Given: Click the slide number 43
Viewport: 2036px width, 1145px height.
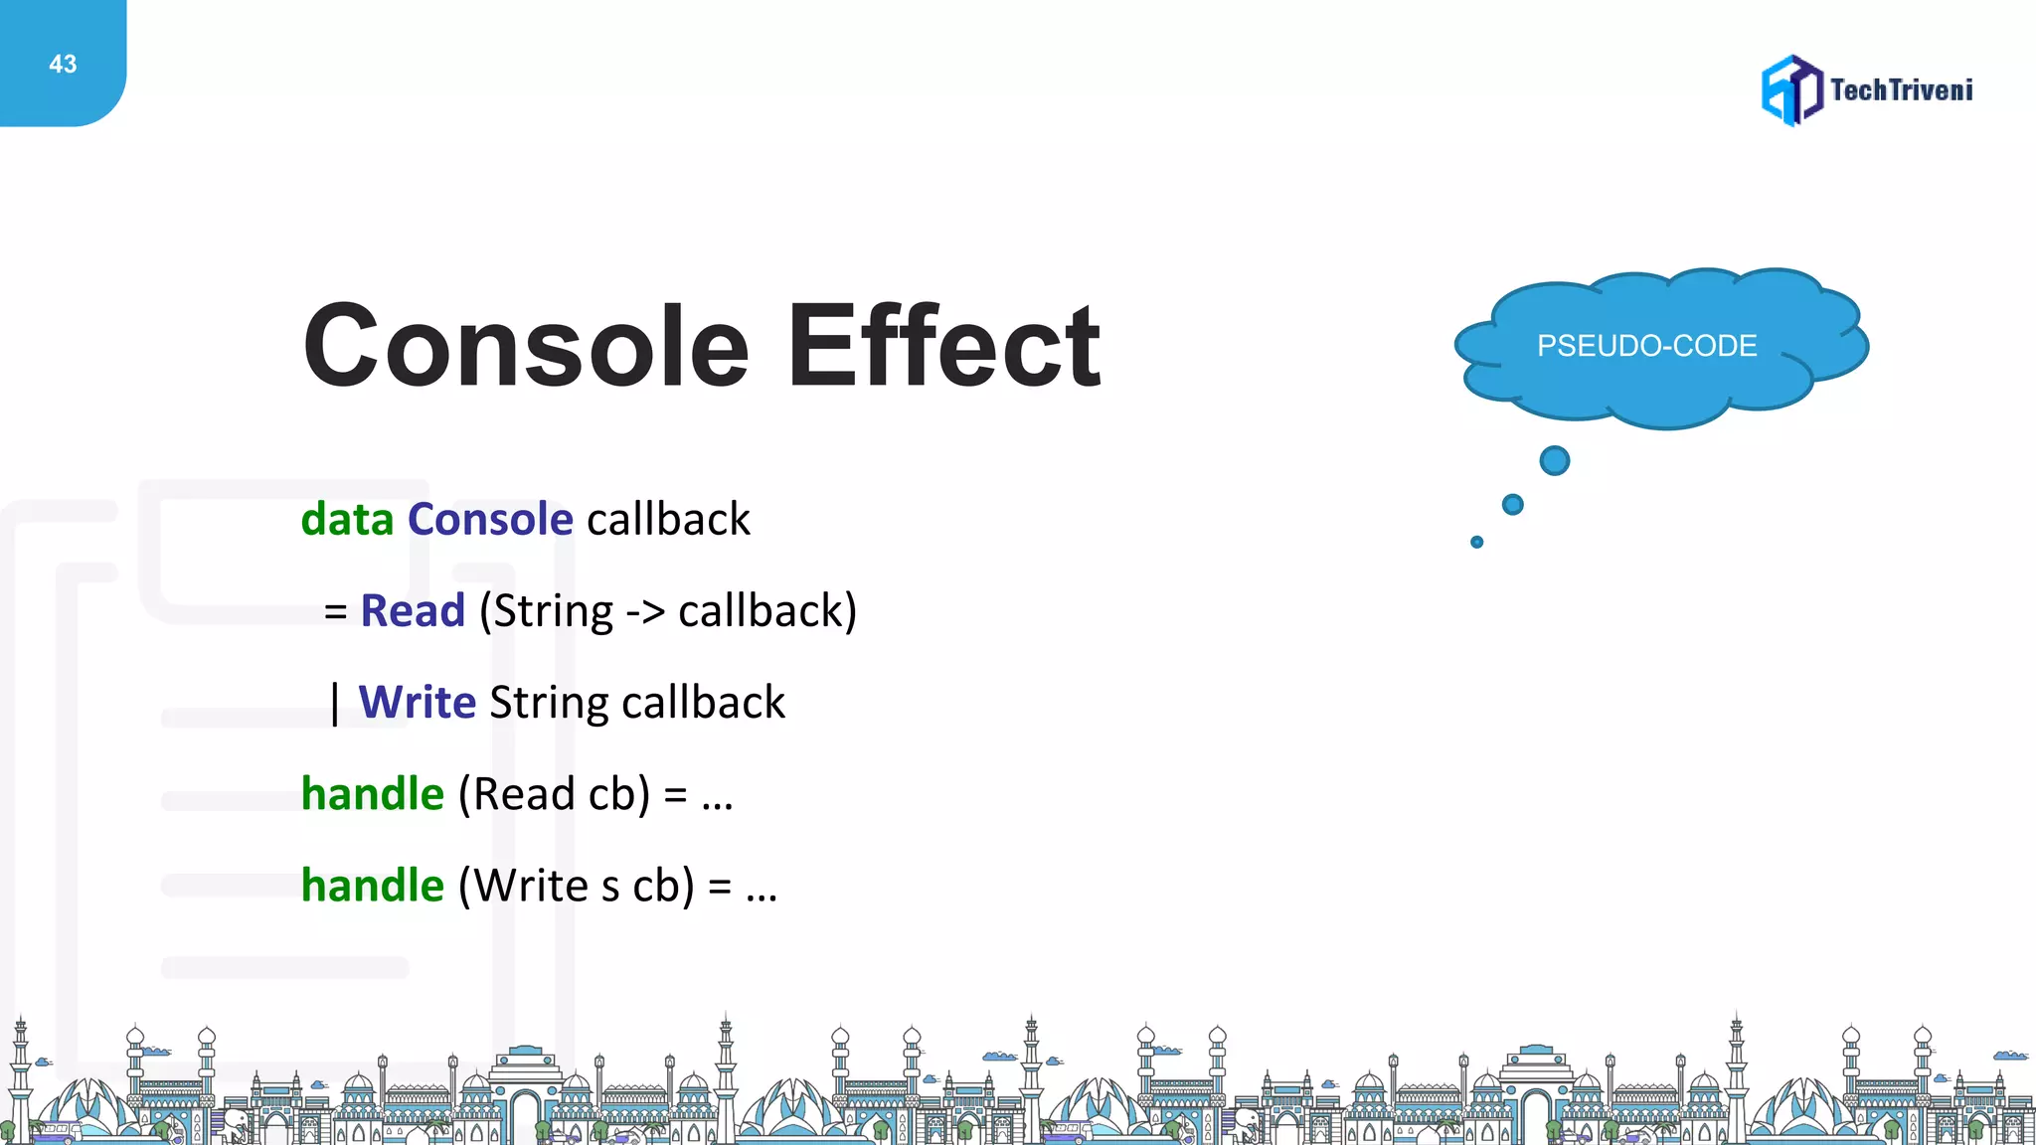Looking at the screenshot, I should coord(63,65).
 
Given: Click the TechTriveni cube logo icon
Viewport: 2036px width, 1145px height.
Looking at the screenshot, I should coord(1791,90).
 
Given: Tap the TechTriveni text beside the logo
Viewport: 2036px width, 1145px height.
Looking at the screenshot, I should coord(1901,90).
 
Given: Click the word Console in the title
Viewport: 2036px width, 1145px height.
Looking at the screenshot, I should coord(526,346).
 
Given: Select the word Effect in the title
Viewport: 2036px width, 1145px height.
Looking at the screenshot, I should coord(943,346).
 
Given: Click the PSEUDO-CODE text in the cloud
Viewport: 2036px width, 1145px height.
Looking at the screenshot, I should coord(1646,346).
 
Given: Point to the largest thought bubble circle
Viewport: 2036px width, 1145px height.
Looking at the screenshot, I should coord(1554,461).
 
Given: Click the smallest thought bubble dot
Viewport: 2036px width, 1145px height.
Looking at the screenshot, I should coord(1476,542).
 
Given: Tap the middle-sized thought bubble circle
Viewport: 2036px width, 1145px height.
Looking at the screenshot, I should coord(1512,505).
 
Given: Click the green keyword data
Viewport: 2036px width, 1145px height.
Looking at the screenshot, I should coord(347,520).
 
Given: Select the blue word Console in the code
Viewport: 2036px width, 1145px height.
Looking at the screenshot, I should coord(490,520).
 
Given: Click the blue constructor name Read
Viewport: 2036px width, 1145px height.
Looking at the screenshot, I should coord(413,611).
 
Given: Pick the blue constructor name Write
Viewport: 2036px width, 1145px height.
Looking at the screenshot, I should coord(418,703).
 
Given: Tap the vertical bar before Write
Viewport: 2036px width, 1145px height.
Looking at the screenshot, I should coord(335,704).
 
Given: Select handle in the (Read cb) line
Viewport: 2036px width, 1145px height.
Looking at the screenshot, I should coord(373,794).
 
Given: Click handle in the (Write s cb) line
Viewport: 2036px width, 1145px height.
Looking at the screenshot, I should coord(373,886).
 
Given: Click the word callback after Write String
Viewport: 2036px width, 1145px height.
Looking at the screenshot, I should coord(703,703).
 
